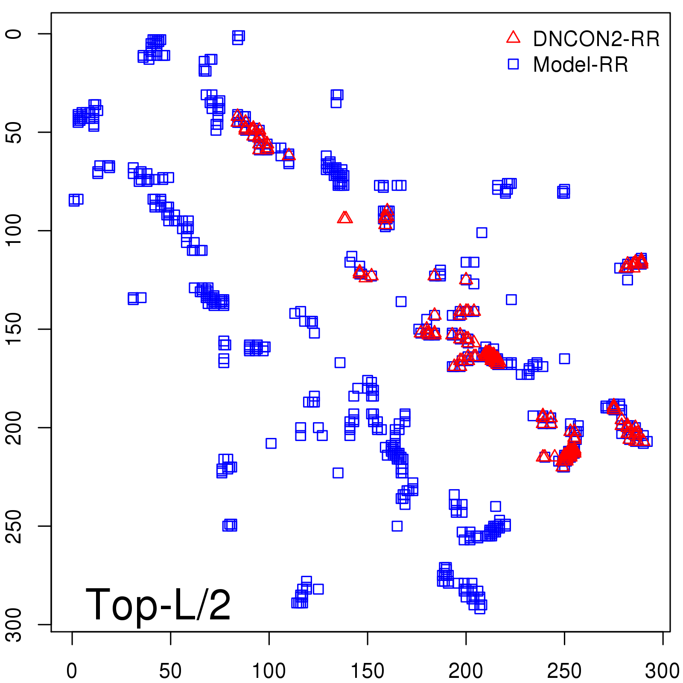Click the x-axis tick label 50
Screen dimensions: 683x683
click(170, 671)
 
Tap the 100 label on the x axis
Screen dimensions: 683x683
click(269, 671)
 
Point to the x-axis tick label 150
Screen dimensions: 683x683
click(367, 671)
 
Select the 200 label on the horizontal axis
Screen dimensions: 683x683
click(466, 671)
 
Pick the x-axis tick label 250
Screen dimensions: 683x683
click(564, 671)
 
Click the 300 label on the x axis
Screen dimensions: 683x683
click(663, 671)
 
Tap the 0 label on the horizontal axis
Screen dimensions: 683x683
click(72, 671)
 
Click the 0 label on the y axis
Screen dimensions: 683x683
click(15, 34)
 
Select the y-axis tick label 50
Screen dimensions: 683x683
click(15, 132)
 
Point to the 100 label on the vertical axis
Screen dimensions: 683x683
click(15, 231)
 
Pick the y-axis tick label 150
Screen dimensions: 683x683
click(15, 329)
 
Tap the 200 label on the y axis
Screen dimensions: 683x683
click(15, 427)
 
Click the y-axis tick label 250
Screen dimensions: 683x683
click(15, 526)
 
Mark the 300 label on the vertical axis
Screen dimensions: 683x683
click(15, 625)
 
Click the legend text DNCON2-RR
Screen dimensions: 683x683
click(596, 39)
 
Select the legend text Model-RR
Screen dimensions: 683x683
click(581, 65)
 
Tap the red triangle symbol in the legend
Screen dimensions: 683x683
click(513, 38)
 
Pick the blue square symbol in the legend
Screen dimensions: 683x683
click(513, 64)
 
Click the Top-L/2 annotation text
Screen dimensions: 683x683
click(158, 604)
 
